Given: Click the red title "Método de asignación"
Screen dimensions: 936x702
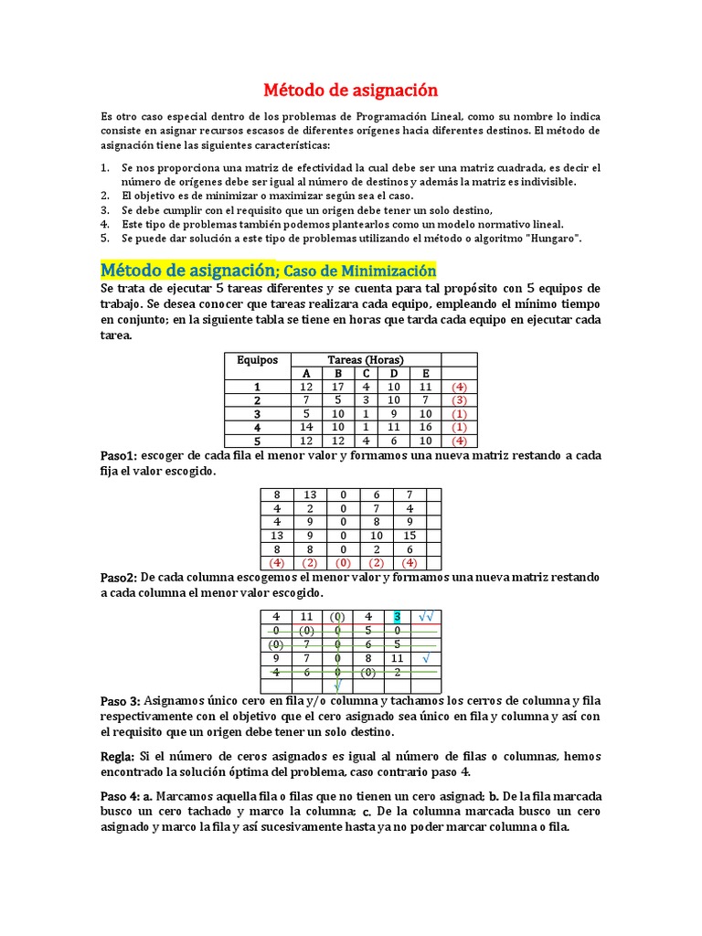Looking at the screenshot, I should [x=351, y=90].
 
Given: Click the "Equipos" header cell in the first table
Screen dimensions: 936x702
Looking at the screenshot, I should [x=257, y=360].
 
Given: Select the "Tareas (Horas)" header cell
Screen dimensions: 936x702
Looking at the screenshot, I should [x=366, y=360].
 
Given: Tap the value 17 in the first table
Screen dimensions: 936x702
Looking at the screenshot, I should [x=336, y=387].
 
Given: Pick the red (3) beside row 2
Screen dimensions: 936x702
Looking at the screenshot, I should [x=459, y=400].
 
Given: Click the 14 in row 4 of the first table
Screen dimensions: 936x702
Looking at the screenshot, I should [x=306, y=427].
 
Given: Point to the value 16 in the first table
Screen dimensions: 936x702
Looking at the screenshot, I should [x=425, y=427].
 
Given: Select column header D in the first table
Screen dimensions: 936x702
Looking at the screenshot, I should [x=393, y=373].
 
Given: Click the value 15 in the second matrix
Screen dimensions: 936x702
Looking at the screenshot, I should [x=409, y=536].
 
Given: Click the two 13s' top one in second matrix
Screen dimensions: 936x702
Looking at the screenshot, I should [x=310, y=495].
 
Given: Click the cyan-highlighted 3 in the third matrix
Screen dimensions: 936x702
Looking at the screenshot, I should [x=397, y=617].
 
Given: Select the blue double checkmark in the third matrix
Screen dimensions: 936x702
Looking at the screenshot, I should [x=427, y=617].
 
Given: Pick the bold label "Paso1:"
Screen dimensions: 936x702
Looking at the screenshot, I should [x=118, y=456].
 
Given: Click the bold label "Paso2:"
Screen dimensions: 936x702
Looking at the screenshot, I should [x=119, y=578].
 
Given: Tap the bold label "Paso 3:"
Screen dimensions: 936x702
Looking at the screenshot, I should [x=121, y=701].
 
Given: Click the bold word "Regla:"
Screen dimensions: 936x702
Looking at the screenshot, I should [x=118, y=757].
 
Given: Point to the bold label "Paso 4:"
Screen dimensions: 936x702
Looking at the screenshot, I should [x=121, y=797].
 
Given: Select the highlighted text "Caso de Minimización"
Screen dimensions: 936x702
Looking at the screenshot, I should [x=360, y=271].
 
